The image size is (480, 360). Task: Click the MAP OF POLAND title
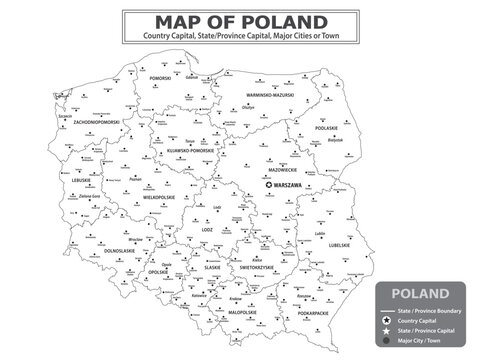240,21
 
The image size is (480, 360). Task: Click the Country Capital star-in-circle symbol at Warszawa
267,185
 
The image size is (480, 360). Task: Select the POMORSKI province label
161,77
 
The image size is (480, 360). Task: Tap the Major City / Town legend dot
383,341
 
